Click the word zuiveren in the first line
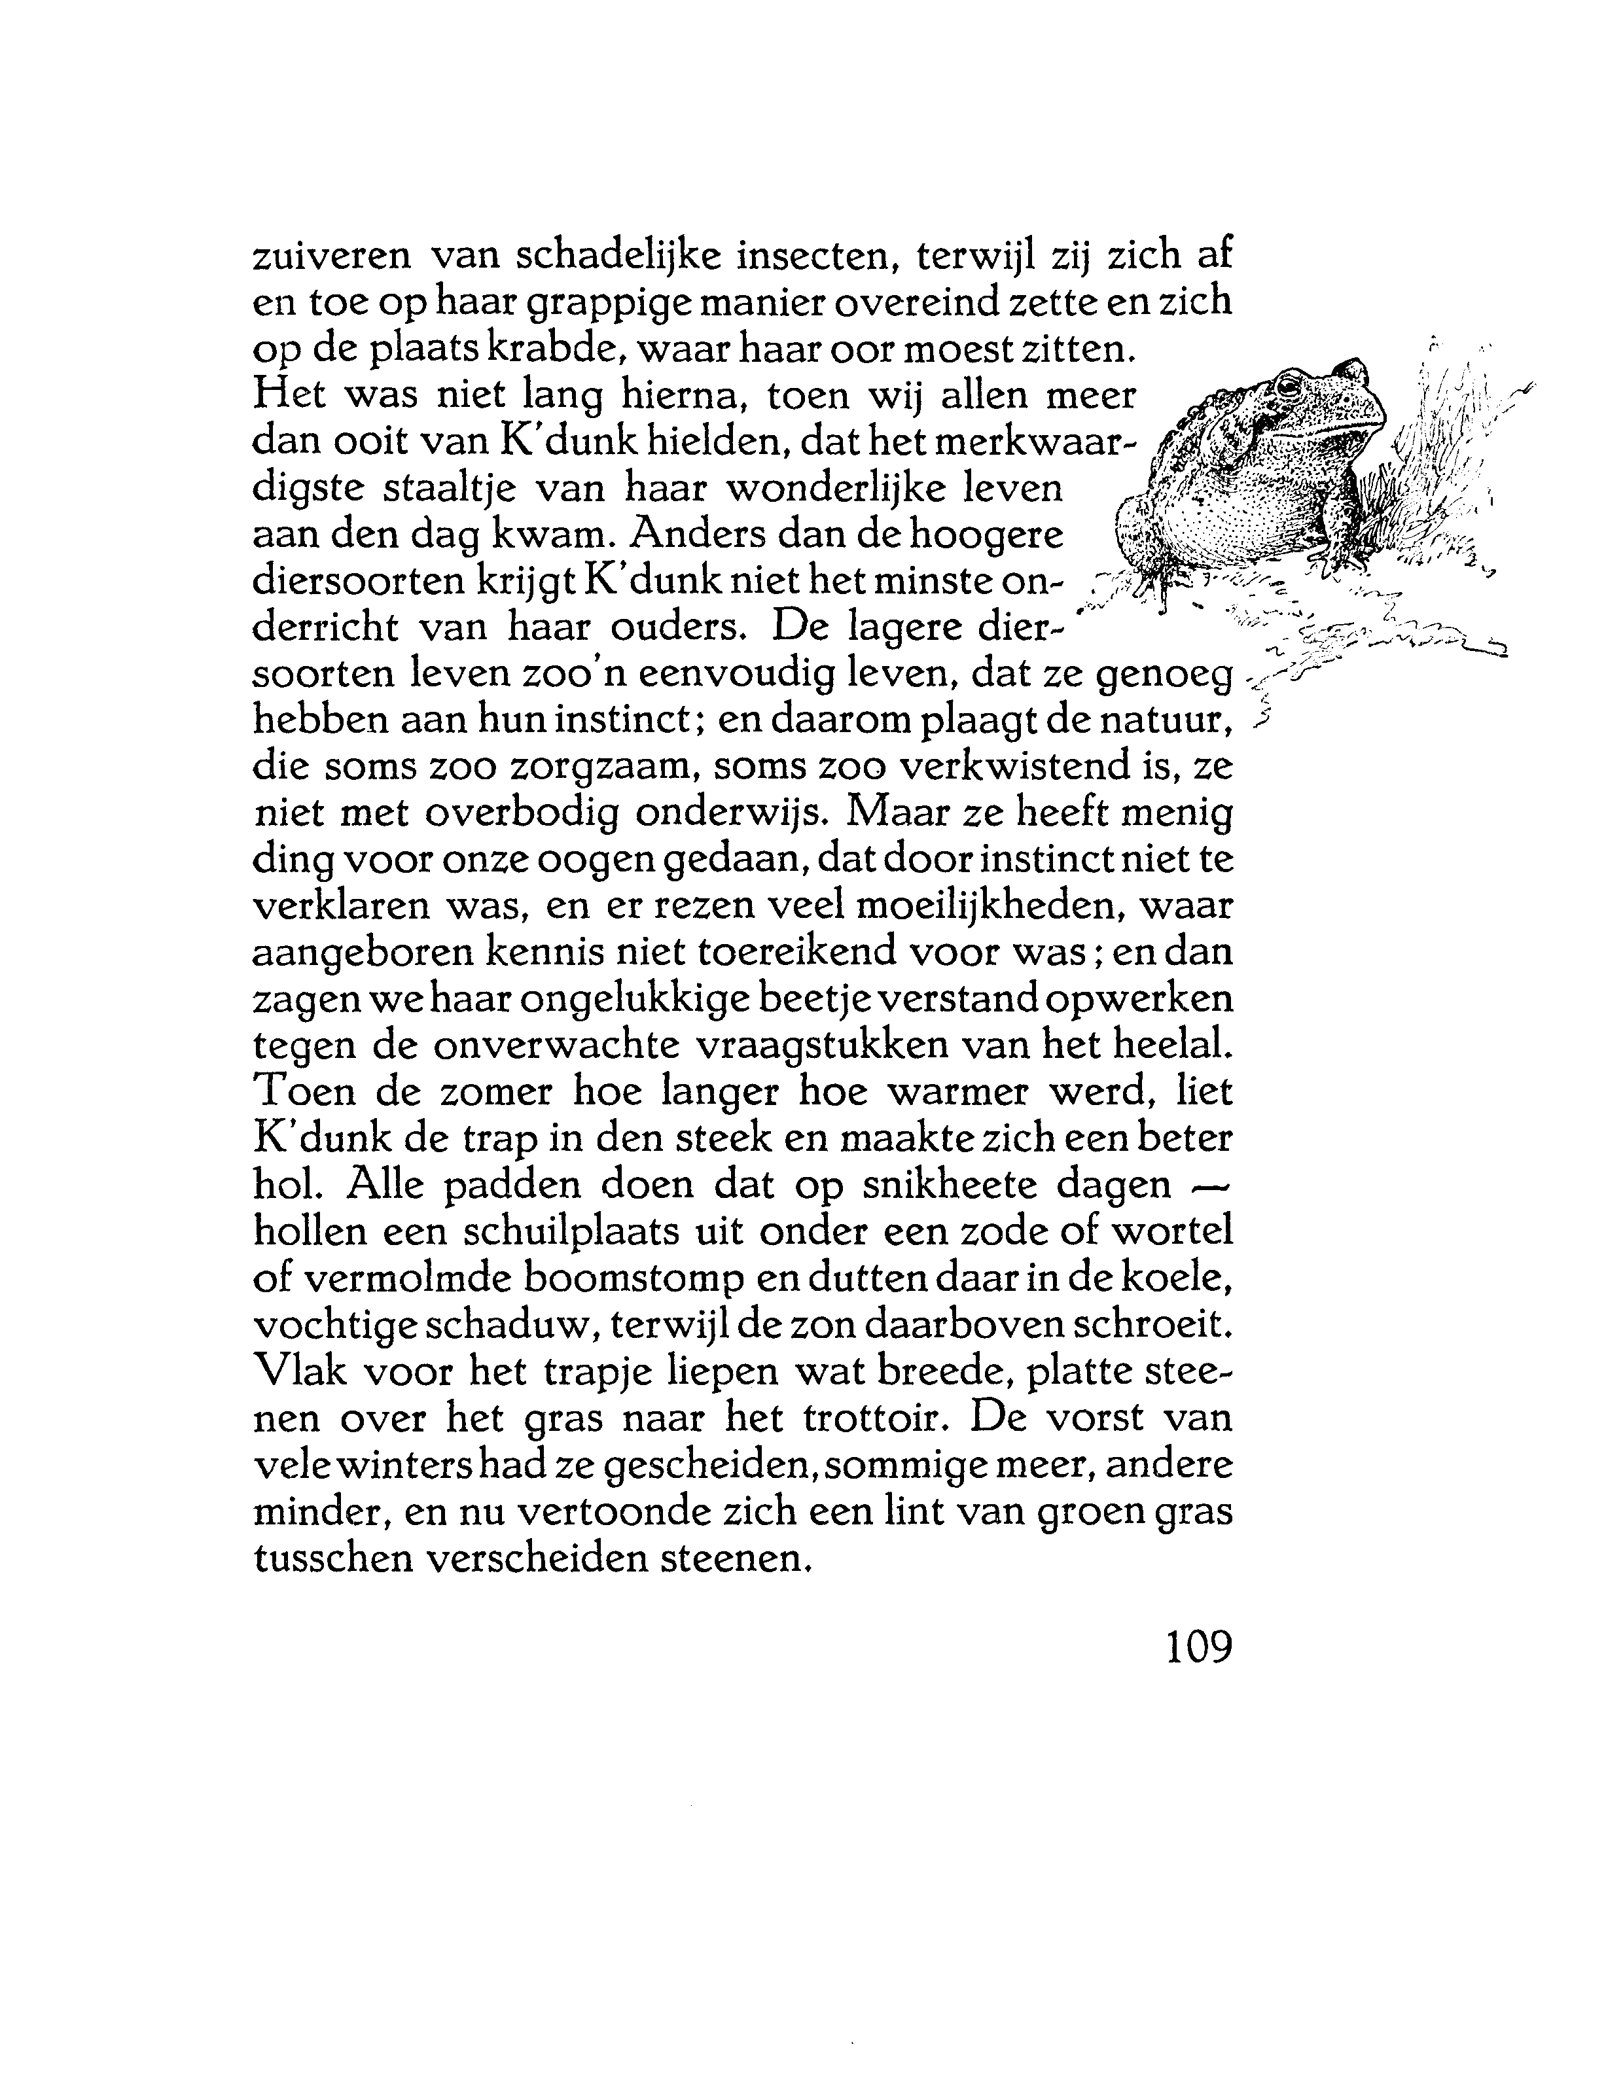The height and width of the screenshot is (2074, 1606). [330, 256]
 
